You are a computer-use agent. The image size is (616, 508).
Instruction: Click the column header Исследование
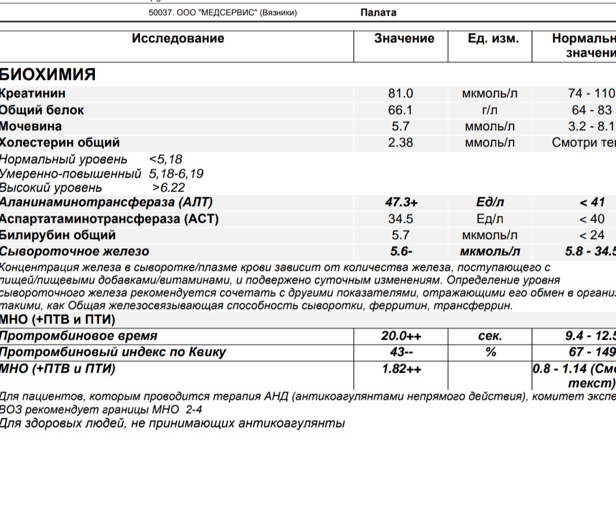[x=178, y=39]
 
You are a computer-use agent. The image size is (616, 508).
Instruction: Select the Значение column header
[x=404, y=39]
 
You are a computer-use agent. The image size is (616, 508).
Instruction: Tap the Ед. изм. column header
[x=493, y=39]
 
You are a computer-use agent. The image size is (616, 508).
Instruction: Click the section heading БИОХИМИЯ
[x=47, y=75]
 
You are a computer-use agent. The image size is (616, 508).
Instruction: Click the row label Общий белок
[x=42, y=110]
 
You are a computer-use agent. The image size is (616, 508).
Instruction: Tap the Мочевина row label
[x=31, y=126]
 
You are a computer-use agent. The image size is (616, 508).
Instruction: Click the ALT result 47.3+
[x=401, y=203]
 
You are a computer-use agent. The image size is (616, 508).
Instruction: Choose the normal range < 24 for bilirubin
[x=591, y=235]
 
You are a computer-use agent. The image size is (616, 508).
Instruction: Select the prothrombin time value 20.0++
[x=401, y=336]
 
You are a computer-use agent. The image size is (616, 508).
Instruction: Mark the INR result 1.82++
[x=401, y=369]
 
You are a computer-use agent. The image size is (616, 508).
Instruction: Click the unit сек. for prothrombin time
[x=490, y=336]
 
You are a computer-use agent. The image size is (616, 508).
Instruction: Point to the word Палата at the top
[x=378, y=13]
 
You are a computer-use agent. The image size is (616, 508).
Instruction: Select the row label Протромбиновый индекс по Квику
[x=113, y=352]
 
